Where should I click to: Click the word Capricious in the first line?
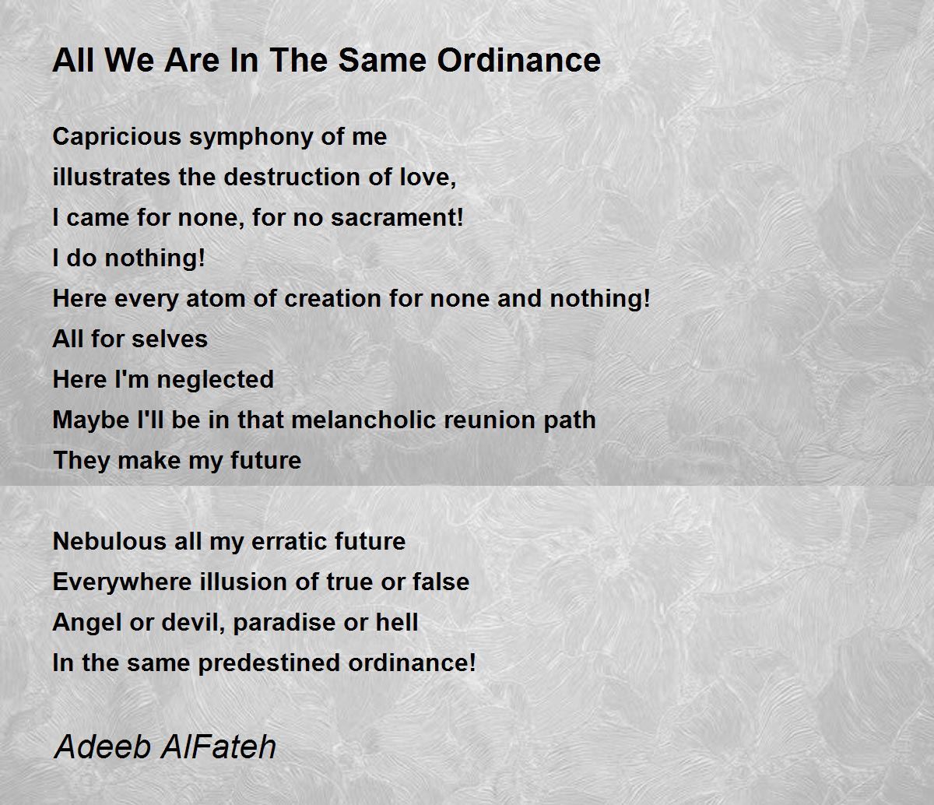[117, 137]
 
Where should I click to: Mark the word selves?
[170, 339]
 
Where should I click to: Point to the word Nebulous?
[109, 542]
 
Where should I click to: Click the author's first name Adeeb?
[103, 747]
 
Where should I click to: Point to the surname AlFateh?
[218, 747]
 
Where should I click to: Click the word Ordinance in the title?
[518, 60]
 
